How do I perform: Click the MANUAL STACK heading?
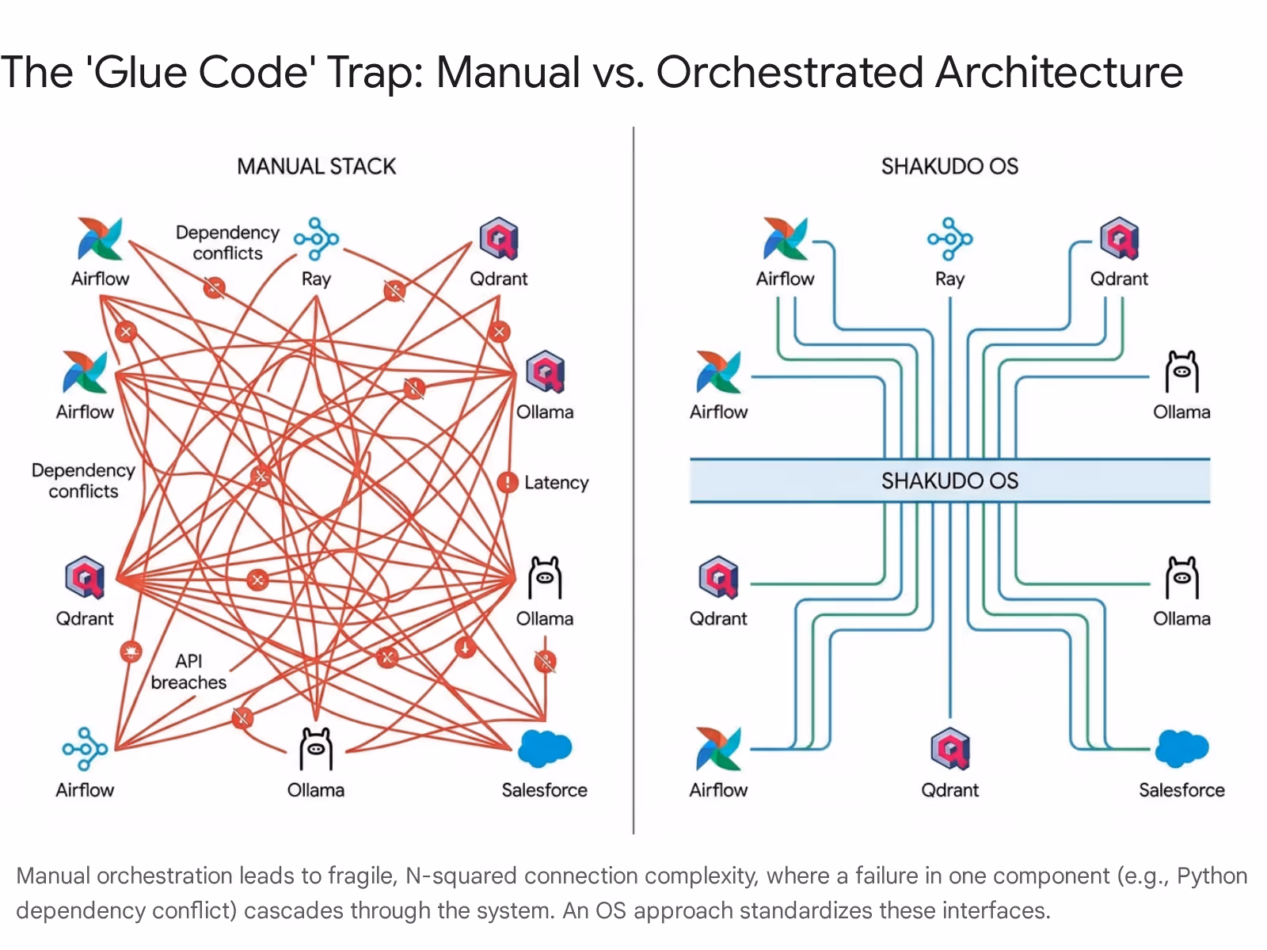[316, 166]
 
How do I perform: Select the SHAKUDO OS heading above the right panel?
[949, 166]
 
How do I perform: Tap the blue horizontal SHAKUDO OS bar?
[949, 481]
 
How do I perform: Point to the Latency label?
[556, 482]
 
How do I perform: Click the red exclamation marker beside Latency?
[507, 481]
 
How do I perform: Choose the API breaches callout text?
[188, 671]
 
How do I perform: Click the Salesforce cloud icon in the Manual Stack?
[544, 748]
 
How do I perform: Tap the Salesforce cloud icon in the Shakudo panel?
[1181, 748]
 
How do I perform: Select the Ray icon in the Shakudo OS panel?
[949, 238]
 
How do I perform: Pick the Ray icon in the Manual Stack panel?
[316, 238]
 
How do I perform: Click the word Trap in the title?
[370, 72]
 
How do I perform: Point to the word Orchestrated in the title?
[789, 72]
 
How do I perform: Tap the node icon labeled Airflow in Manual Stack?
[85, 748]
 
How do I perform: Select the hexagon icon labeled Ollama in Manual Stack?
[545, 371]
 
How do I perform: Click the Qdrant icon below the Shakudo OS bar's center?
[949, 748]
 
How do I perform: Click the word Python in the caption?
[1212, 876]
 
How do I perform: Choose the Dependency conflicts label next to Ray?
[227, 242]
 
